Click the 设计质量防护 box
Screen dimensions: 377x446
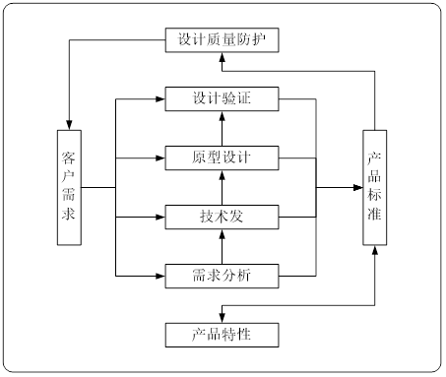[223, 40]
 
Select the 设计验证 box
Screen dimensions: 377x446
[223, 98]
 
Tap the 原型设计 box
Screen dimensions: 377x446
[223, 157]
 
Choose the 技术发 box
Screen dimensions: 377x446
[223, 215]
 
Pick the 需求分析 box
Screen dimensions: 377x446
[223, 274]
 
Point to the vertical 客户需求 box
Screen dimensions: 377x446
[70, 186]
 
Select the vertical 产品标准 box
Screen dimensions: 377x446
[374, 186]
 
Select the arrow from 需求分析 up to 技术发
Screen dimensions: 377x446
[223, 244]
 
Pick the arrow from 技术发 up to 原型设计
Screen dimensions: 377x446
[223, 186]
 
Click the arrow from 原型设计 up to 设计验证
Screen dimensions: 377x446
[223, 128]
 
